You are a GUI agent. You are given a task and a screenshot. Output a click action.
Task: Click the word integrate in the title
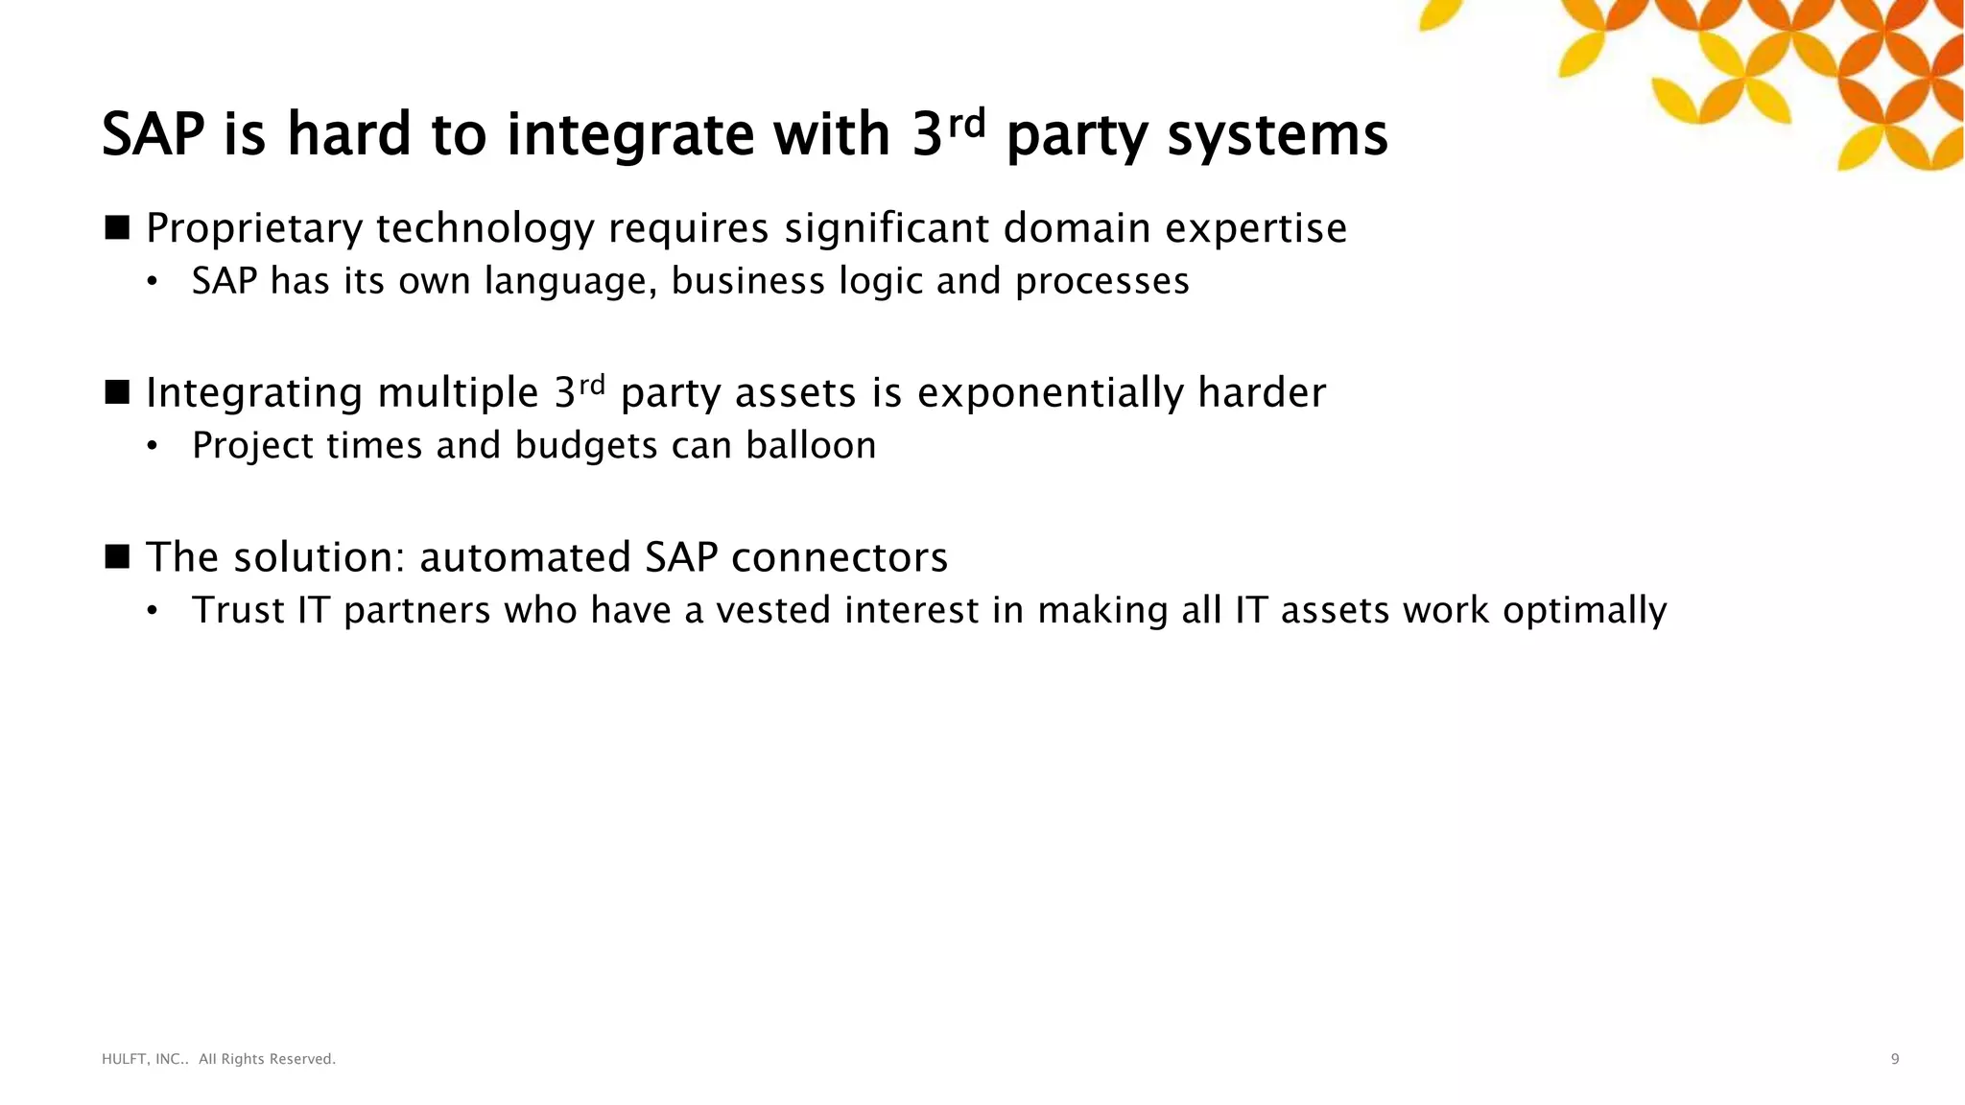pos(630,134)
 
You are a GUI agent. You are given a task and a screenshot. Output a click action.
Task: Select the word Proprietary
pos(254,229)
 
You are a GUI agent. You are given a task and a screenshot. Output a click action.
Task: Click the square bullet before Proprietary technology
pos(117,228)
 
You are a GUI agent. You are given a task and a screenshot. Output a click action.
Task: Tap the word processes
pos(1102,282)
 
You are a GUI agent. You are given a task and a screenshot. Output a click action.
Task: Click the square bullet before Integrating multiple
pos(117,392)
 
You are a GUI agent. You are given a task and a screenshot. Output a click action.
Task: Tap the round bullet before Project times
pos(152,447)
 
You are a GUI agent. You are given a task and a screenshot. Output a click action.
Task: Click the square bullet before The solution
pos(117,557)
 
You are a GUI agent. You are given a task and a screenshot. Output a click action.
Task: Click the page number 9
pos(1894,1059)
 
